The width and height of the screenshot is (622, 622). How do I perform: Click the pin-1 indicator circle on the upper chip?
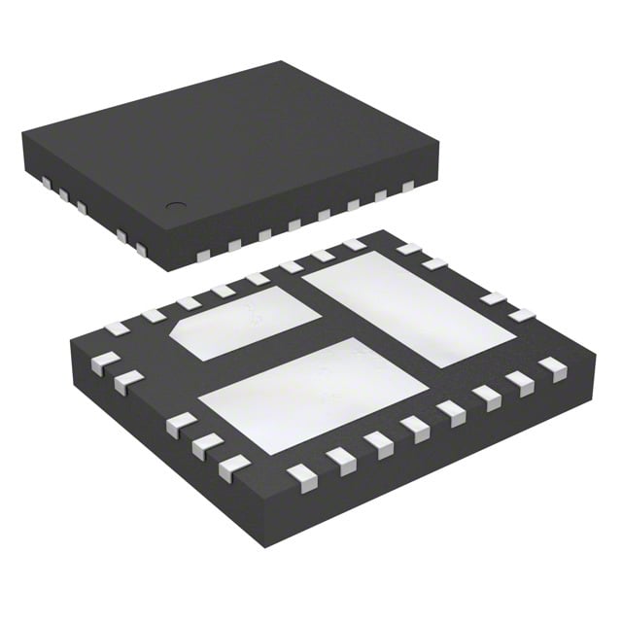pyautogui.click(x=176, y=205)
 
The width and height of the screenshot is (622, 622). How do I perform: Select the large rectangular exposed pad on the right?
pyautogui.click(x=408, y=306)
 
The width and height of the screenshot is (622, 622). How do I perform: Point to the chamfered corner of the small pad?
pyautogui.click(x=181, y=330)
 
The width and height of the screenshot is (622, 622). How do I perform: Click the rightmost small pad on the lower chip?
pyautogui.click(x=553, y=365)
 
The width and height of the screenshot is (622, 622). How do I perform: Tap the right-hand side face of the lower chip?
pyautogui.click(x=457, y=447)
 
